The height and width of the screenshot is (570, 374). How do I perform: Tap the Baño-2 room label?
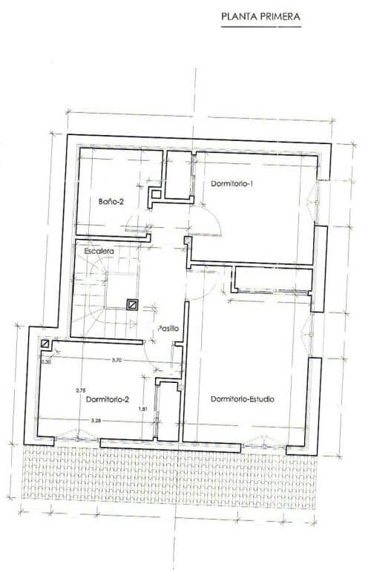coord(111,200)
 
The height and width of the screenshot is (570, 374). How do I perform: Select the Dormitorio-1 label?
coord(233,183)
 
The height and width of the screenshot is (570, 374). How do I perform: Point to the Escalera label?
coord(98,252)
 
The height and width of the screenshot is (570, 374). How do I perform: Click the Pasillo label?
coord(168,328)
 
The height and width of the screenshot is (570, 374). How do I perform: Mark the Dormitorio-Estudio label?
coord(243,399)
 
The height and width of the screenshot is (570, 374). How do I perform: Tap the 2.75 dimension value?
coord(81,390)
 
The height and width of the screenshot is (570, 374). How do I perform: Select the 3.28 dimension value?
coord(96,421)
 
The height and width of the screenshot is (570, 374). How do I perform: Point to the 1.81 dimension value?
coord(143,409)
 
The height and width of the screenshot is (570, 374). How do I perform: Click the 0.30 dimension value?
coord(46,361)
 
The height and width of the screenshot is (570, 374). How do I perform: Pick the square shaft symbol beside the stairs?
coord(132,304)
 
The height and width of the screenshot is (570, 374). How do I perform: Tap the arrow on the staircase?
coord(131,324)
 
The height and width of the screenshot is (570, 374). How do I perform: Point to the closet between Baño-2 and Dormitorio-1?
coord(178,175)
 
